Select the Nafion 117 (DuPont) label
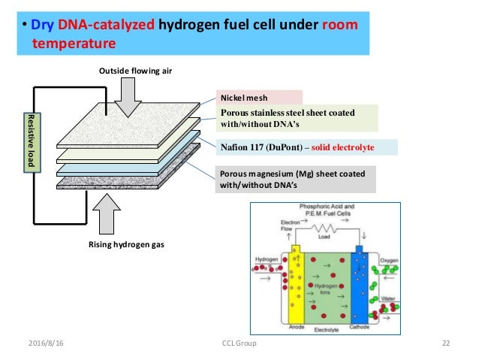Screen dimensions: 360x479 pos(296,147)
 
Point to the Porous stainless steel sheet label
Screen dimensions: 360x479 pos(297,119)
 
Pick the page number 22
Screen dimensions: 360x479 pos(445,343)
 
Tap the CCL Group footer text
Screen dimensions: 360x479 pos(239,343)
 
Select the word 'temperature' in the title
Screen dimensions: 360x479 pos(74,44)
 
